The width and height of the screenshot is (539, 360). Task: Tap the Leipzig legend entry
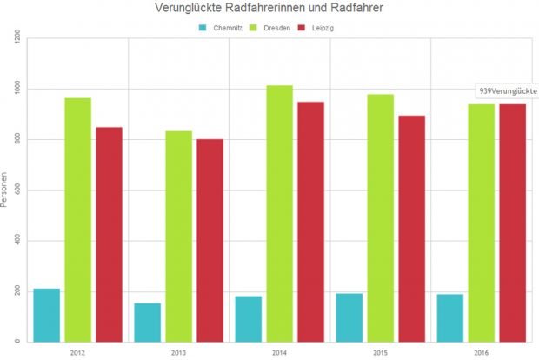click(x=321, y=28)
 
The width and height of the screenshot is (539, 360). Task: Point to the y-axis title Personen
click(x=6, y=190)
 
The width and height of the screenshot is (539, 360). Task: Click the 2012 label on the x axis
click(x=77, y=353)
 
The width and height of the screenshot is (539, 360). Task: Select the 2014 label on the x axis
click(x=279, y=353)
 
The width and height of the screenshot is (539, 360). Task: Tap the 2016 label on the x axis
click(x=481, y=353)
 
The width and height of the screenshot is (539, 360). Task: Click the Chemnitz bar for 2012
click(x=47, y=315)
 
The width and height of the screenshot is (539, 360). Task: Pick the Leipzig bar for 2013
click(x=210, y=240)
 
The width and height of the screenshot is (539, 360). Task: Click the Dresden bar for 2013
click(x=179, y=236)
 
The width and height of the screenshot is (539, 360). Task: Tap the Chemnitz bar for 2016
click(x=449, y=317)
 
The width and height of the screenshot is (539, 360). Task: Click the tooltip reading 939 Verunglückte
click(x=508, y=91)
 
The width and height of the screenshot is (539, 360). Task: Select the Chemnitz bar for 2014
click(x=248, y=318)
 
